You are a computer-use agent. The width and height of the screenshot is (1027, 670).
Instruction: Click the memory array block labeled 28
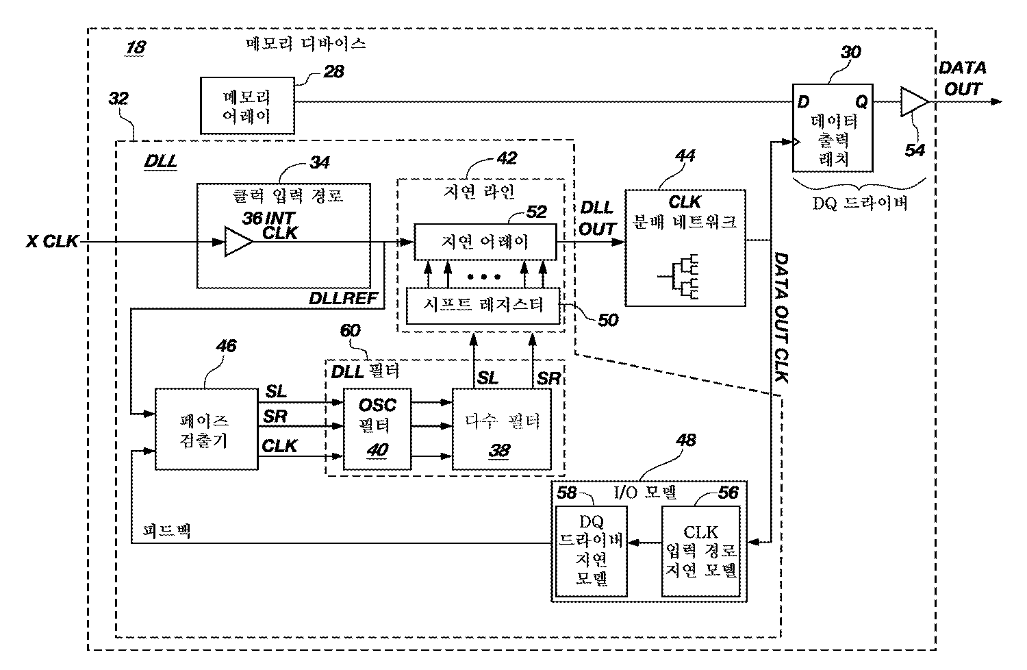(247, 106)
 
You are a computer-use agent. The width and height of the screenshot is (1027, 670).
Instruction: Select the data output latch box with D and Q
(833, 128)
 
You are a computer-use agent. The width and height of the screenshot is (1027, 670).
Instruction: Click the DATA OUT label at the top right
(962, 78)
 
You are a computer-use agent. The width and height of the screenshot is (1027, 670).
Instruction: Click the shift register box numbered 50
(483, 305)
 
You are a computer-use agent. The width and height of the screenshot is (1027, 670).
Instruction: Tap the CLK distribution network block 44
(685, 248)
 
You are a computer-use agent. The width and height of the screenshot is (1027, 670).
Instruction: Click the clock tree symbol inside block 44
(682, 277)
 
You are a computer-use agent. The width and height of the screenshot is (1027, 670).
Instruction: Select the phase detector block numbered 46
(207, 429)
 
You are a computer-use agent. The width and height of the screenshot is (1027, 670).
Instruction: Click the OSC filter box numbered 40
(377, 429)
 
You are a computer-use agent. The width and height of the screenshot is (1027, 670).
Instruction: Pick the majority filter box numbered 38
(502, 429)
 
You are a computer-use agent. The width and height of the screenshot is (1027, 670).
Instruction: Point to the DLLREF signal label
(340, 299)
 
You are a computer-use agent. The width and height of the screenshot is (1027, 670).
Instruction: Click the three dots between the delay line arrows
(485, 277)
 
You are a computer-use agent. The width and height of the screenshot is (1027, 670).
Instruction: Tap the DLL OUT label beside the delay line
(597, 219)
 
